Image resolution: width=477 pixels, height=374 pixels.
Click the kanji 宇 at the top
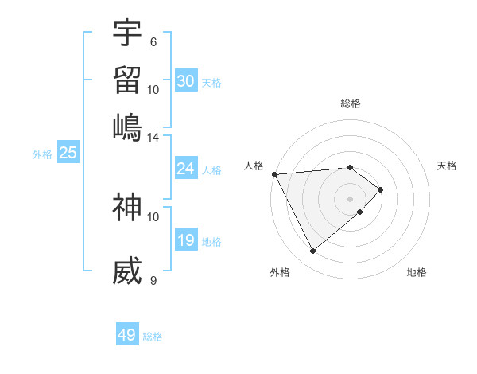(x=127, y=33)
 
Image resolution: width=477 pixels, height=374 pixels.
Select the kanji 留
(x=127, y=80)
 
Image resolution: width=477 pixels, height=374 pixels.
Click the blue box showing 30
(x=185, y=81)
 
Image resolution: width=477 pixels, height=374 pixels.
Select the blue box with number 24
(x=185, y=169)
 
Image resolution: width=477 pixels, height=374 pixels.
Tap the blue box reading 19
(x=185, y=241)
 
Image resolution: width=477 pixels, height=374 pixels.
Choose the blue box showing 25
(x=68, y=154)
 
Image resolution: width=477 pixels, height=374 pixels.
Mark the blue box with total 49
(x=127, y=335)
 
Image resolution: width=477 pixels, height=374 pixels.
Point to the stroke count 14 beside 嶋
(x=153, y=137)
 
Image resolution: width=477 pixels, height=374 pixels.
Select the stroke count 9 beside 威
(x=153, y=280)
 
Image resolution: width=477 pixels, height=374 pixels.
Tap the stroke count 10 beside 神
(x=153, y=216)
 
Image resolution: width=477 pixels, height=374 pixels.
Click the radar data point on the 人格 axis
(x=274, y=174)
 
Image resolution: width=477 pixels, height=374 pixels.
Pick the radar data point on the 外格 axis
(x=312, y=251)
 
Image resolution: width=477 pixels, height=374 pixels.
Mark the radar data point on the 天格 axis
(x=381, y=189)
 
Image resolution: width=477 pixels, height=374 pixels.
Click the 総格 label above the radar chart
(x=351, y=103)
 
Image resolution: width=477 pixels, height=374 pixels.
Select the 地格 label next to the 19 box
(x=211, y=242)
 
